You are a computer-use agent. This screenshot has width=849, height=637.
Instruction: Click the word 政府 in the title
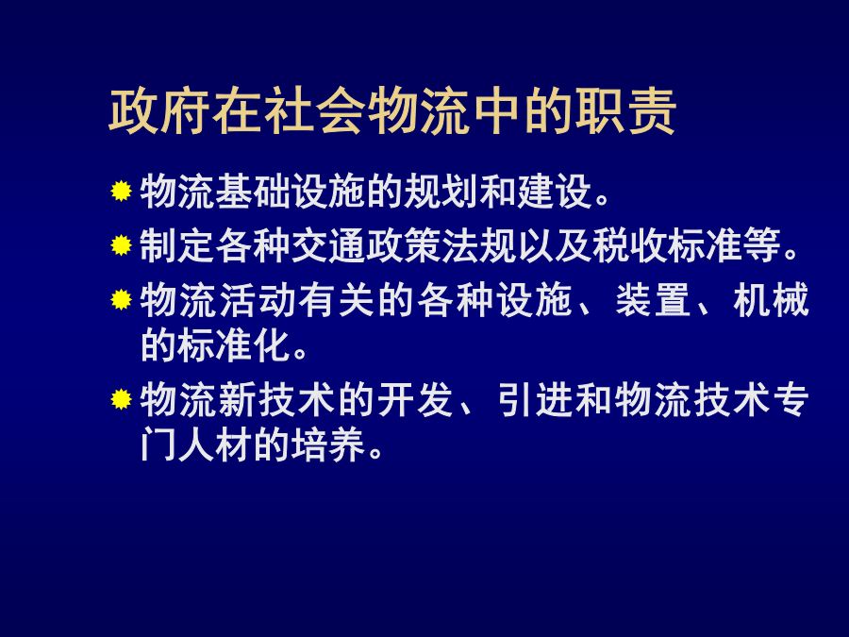[x=159, y=111]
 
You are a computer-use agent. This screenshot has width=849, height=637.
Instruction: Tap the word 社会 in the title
[x=314, y=111]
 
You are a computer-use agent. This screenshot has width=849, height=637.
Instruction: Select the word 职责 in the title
[x=625, y=111]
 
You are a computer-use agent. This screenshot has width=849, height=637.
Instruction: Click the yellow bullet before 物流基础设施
[x=121, y=191]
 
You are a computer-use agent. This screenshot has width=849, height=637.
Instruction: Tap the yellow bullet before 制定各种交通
[x=121, y=244]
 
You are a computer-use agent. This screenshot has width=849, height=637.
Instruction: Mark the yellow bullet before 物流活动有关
[x=121, y=299]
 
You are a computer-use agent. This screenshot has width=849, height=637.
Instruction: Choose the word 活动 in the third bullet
[x=258, y=299]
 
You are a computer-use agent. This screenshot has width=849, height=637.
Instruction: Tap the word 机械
[x=772, y=299]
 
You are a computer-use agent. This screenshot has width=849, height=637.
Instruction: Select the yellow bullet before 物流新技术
[x=121, y=399]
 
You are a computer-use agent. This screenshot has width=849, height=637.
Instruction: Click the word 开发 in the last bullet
[x=416, y=400]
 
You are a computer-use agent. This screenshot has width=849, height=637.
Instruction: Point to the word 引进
[x=535, y=400]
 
